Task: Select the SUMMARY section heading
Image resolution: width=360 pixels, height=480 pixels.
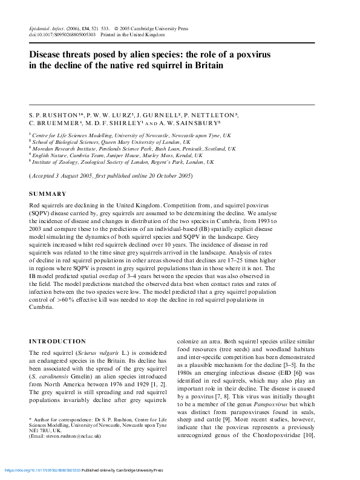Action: (48, 194)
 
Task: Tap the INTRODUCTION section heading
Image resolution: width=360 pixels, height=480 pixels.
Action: (57, 342)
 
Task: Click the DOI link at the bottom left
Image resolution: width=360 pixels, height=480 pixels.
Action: (42, 470)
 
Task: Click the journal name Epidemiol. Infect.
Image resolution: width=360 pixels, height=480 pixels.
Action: (50, 28)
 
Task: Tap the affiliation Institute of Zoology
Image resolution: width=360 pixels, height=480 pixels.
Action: (57, 162)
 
